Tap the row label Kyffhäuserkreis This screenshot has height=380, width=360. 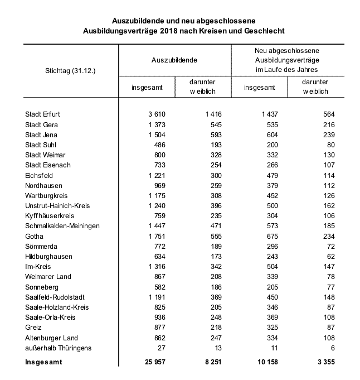point(50,216)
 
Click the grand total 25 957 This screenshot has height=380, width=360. point(154,363)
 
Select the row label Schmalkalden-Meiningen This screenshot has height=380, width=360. point(62,226)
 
